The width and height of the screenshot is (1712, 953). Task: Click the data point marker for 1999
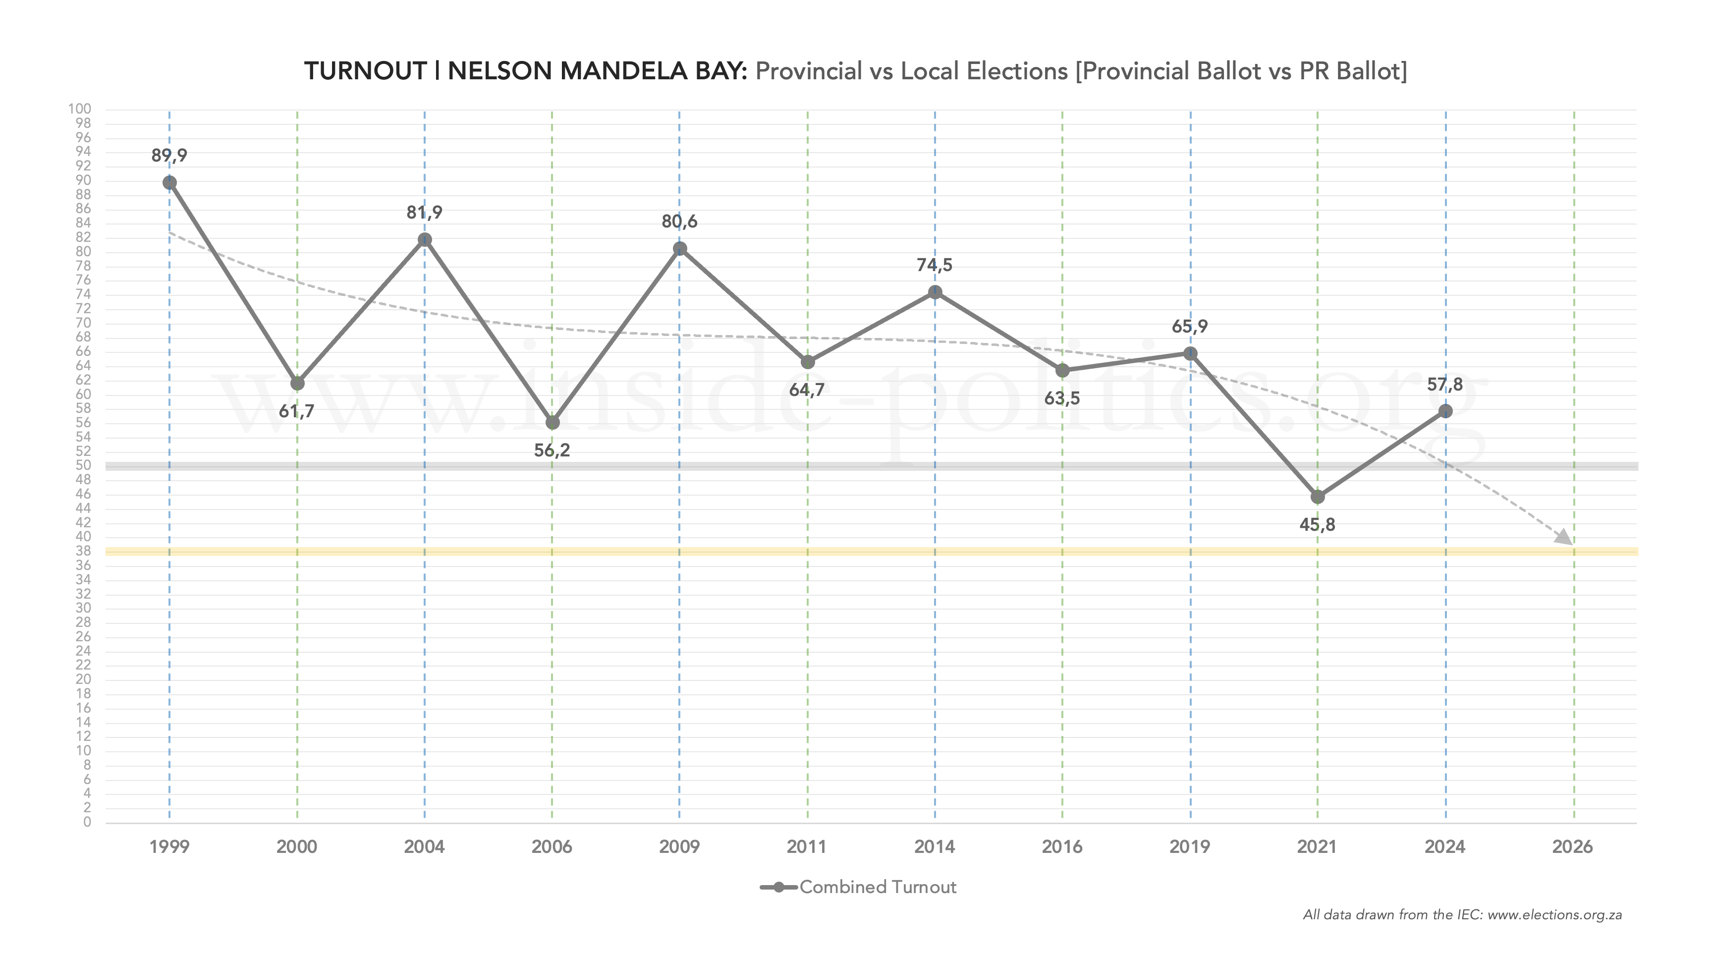click(x=169, y=183)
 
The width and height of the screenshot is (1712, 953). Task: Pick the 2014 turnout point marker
click(x=935, y=292)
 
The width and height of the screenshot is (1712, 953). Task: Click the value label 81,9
click(x=424, y=213)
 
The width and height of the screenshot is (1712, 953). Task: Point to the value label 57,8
click(x=1445, y=385)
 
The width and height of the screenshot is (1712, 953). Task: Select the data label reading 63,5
click(x=1062, y=399)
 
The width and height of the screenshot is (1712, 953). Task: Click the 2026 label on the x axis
click(x=1572, y=846)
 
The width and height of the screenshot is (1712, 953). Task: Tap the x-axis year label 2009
click(x=679, y=846)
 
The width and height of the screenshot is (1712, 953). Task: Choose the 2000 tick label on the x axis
click(x=296, y=846)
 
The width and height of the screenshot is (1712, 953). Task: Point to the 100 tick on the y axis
click(x=80, y=109)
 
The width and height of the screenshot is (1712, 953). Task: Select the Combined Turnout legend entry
click(x=877, y=887)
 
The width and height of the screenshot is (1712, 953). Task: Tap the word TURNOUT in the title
click(x=365, y=71)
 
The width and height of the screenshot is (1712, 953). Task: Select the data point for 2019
click(x=1190, y=353)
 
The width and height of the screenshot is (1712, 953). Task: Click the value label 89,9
click(x=169, y=156)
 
